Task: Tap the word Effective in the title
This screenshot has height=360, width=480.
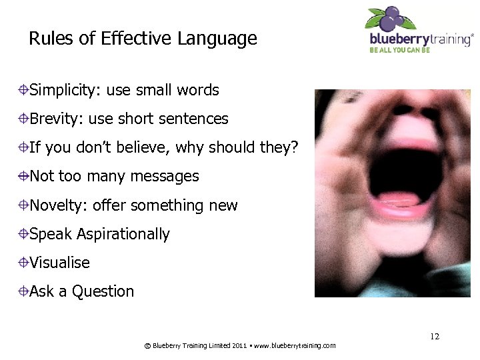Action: click(x=137, y=39)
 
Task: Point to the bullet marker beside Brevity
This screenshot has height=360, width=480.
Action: click(x=23, y=119)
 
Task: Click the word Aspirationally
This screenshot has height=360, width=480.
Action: click(x=123, y=234)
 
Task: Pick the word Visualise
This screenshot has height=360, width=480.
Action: click(x=59, y=263)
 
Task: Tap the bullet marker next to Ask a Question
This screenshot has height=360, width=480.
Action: click(x=23, y=291)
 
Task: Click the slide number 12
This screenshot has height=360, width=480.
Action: click(x=434, y=337)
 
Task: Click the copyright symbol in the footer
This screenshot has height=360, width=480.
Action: click(x=147, y=345)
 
